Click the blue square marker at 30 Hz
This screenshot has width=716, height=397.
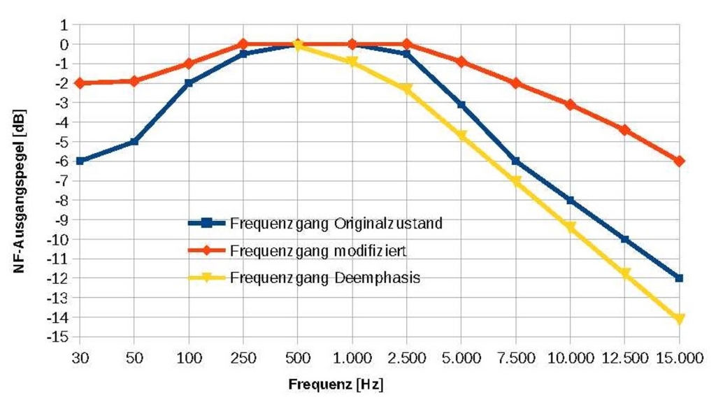pyautogui.click(x=80, y=161)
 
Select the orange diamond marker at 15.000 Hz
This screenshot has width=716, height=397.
pyautogui.click(x=679, y=161)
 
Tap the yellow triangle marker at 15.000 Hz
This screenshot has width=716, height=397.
pyautogui.click(x=679, y=319)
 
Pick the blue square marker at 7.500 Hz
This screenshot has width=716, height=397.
pyautogui.click(x=516, y=161)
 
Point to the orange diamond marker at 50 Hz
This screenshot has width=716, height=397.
pyautogui.click(x=134, y=81)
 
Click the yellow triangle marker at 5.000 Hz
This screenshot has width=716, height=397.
pyautogui.click(x=461, y=136)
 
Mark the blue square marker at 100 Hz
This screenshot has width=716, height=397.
pyautogui.click(x=189, y=82)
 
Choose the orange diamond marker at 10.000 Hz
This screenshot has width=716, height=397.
pyautogui.click(x=571, y=105)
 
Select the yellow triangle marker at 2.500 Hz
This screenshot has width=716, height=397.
pyautogui.click(x=407, y=89)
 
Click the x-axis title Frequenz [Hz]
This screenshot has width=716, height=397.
pyautogui.click(x=336, y=384)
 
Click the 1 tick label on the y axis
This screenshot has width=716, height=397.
pyautogui.click(x=65, y=24)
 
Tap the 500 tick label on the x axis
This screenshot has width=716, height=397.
pyautogui.click(x=298, y=357)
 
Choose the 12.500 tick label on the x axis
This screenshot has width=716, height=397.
pyautogui.click(x=624, y=357)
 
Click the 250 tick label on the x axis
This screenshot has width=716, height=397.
pyautogui.click(x=243, y=357)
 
